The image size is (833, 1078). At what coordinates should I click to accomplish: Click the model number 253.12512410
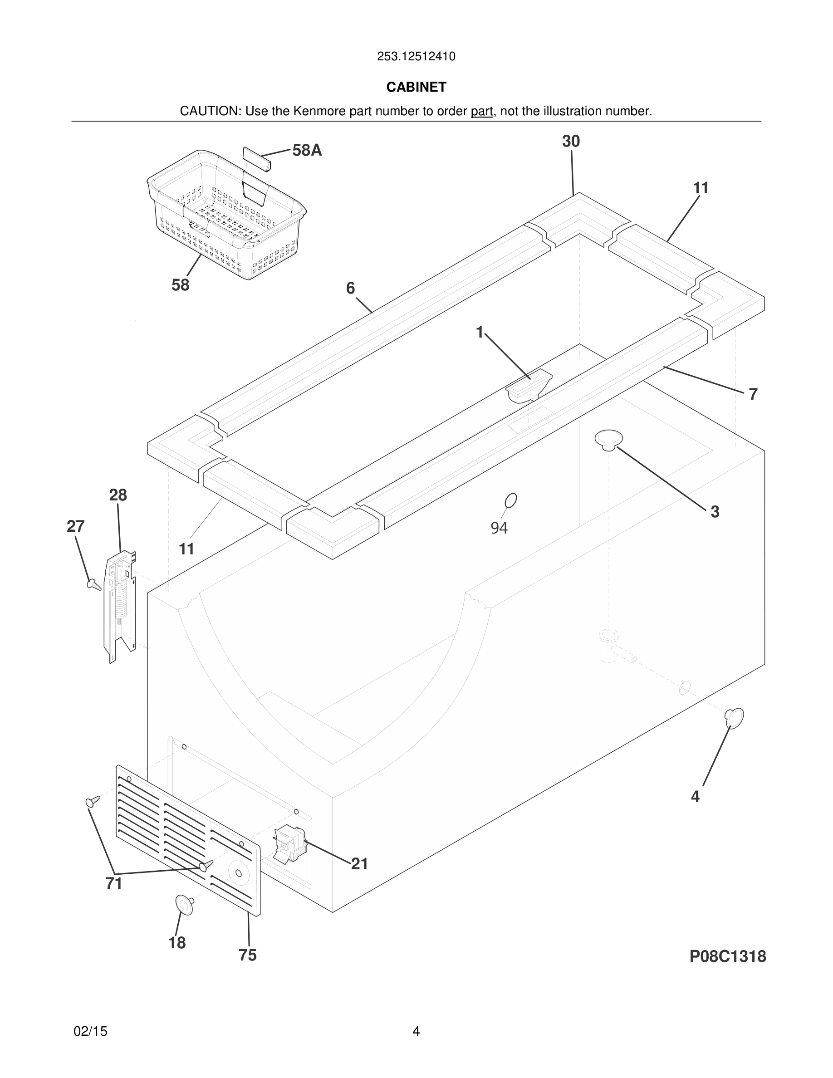(x=416, y=57)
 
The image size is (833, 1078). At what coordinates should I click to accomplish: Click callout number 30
(x=571, y=142)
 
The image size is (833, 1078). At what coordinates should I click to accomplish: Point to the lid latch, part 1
(x=529, y=387)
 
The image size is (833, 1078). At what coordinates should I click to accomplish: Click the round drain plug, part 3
(x=608, y=439)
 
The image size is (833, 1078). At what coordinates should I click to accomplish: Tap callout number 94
(x=499, y=528)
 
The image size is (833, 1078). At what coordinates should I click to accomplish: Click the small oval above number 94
(x=511, y=500)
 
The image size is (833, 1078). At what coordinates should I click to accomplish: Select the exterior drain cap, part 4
(x=734, y=717)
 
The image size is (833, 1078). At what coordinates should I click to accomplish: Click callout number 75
(x=248, y=955)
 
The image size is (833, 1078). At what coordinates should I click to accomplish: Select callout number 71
(x=113, y=883)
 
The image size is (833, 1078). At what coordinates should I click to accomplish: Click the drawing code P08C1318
(x=727, y=956)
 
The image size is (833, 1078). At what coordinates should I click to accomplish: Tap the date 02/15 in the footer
(x=90, y=1031)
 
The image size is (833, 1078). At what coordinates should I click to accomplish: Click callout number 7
(x=753, y=394)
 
